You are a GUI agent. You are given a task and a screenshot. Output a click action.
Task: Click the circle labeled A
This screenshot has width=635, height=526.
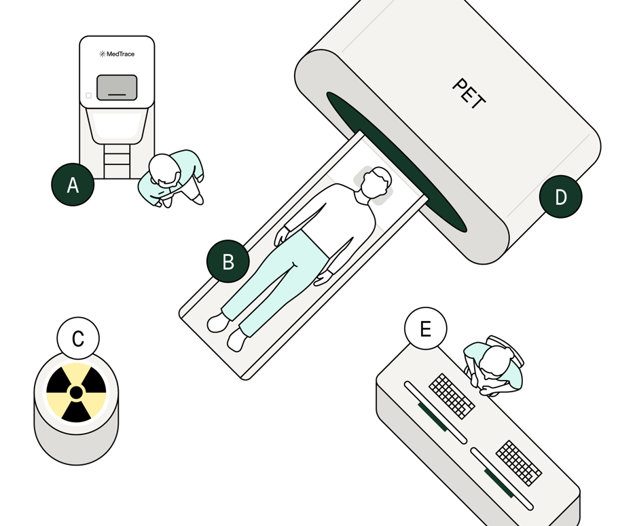(73, 185)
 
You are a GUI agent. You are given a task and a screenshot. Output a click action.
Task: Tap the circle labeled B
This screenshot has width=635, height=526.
(228, 261)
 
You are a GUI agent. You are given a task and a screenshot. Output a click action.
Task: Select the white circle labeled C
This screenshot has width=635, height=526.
(78, 338)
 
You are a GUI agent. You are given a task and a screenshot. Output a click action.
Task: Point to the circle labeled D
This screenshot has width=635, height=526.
(561, 197)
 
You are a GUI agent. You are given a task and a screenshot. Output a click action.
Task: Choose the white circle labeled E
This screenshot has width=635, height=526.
(426, 328)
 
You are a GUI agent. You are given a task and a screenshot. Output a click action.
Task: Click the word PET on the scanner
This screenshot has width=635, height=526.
(469, 94)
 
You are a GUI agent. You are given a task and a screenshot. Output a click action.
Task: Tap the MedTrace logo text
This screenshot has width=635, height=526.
(117, 54)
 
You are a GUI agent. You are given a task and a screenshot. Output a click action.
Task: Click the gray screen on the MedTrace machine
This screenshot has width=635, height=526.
(117, 88)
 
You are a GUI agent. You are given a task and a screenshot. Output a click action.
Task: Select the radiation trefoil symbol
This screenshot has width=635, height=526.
(76, 392)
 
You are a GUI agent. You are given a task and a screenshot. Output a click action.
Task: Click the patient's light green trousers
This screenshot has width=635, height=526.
(275, 279)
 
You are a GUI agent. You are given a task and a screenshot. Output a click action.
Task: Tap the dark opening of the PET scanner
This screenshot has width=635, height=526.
(397, 162)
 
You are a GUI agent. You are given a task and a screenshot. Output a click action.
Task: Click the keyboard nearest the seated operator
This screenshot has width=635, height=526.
(452, 396)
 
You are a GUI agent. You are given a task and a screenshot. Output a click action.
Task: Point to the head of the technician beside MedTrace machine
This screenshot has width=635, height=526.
(164, 169)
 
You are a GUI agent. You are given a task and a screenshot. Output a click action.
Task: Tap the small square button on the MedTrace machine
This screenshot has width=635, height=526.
(89, 96)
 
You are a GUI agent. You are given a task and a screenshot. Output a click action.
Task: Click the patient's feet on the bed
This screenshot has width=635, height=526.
(227, 332)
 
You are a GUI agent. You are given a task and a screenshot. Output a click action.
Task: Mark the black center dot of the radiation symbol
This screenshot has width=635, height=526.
(76, 392)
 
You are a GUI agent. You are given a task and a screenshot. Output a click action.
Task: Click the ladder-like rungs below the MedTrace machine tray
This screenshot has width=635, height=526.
(117, 161)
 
